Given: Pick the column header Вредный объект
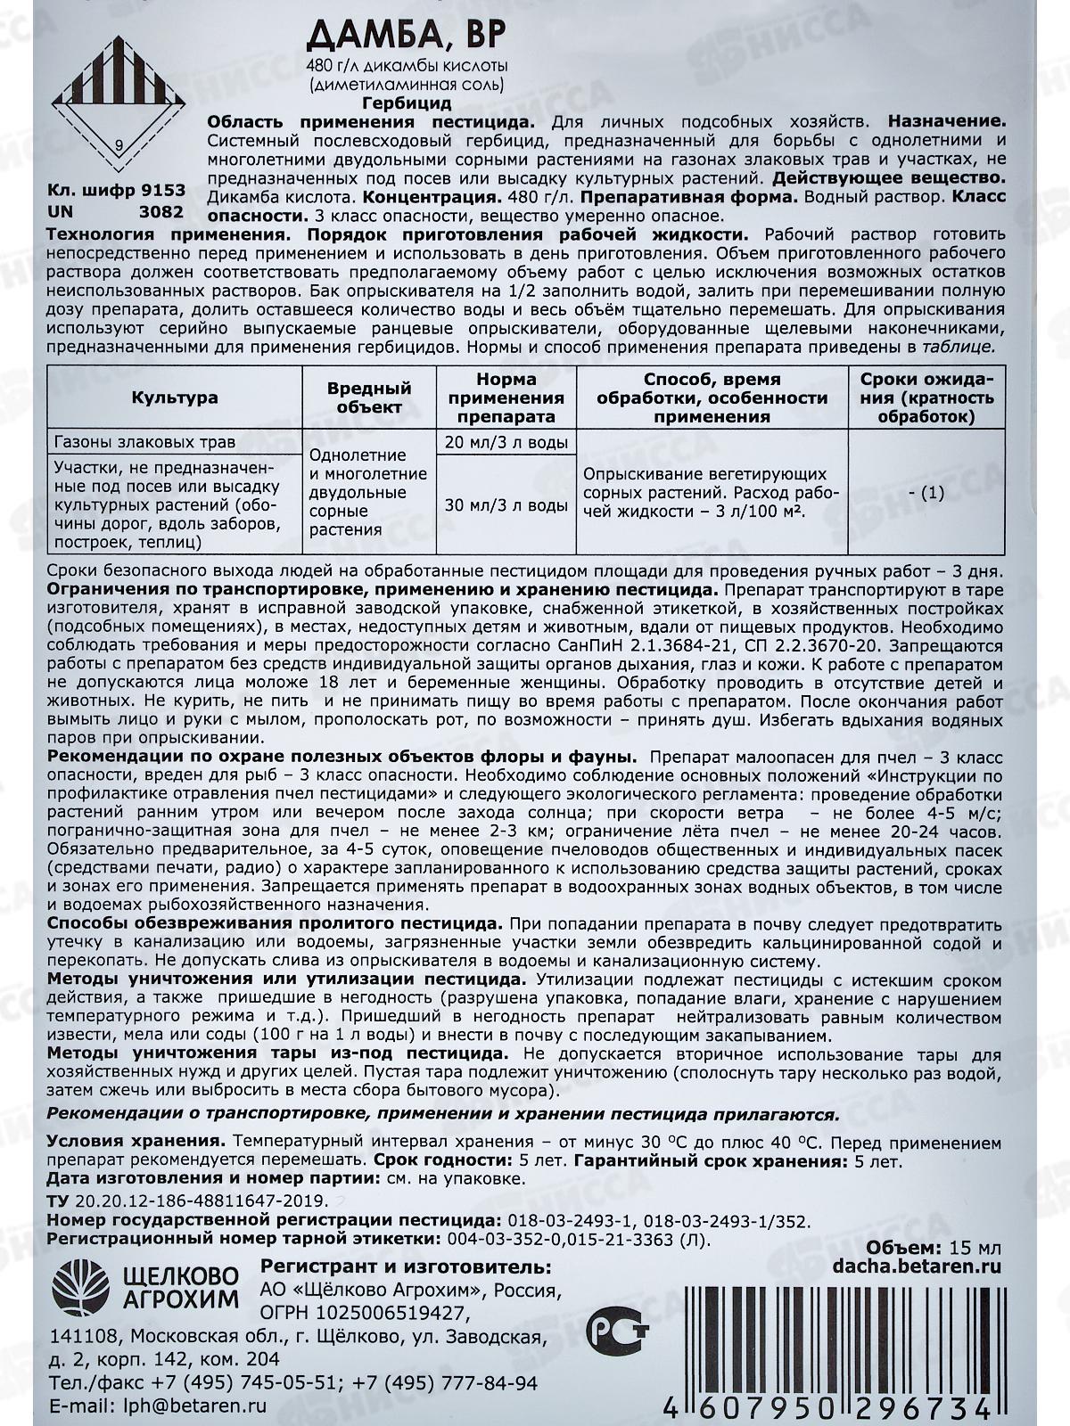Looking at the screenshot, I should [x=368, y=397].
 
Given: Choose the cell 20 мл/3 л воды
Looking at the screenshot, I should [x=504, y=443].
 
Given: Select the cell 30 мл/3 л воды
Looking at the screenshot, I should [x=504, y=504].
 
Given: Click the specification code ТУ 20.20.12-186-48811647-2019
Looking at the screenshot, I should [x=187, y=1201].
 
